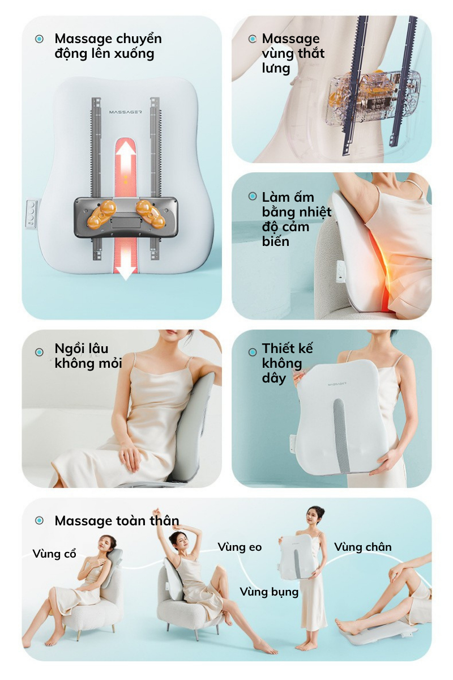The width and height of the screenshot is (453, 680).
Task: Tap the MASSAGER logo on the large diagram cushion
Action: (x=125, y=112)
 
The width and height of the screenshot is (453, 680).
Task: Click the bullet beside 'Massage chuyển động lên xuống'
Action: (x=39, y=39)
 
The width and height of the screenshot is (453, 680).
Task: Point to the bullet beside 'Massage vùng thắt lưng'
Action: (x=253, y=39)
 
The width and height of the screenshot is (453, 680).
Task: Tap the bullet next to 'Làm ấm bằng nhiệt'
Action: (x=253, y=197)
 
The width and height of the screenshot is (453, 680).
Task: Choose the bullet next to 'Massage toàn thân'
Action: (x=39, y=520)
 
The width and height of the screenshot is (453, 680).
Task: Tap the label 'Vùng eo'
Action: (x=240, y=547)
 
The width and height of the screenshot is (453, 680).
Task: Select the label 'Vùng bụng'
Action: (x=269, y=592)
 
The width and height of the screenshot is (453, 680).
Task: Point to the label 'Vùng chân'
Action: (x=362, y=547)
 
